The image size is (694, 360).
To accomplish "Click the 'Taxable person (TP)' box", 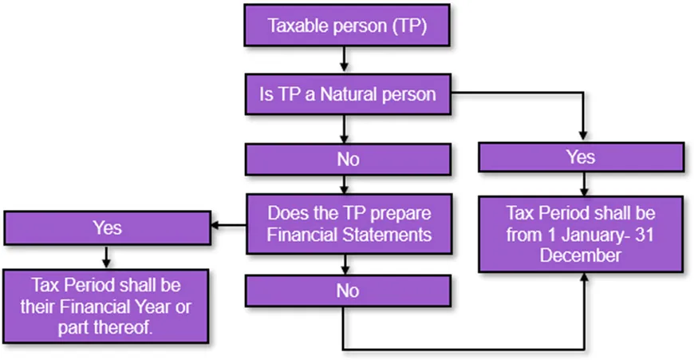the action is [347, 26].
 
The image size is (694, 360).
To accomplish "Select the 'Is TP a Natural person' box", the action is [348, 94].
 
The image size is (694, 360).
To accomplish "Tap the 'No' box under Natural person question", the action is [348, 160].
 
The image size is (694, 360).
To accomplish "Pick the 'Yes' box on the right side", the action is [582, 157].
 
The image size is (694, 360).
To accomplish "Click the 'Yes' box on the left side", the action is [107, 228].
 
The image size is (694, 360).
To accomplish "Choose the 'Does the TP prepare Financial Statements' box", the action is [349, 224].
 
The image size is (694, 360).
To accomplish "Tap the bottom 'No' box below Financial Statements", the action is [348, 291].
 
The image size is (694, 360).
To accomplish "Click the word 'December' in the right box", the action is [580, 255].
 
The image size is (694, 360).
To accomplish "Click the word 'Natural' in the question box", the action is [344, 94].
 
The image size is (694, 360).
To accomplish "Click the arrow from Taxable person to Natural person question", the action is [344, 59].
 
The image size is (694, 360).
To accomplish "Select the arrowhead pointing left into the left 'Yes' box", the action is [215, 225].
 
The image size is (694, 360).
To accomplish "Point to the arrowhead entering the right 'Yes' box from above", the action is [583, 135].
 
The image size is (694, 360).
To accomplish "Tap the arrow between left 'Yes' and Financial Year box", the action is [106, 257].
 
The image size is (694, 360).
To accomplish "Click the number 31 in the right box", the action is [645, 235].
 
